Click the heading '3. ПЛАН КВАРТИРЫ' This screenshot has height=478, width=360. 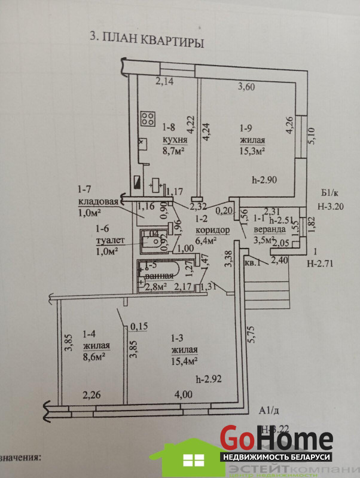click(x=147, y=40)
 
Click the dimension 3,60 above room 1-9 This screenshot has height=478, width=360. click(x=247, y=87)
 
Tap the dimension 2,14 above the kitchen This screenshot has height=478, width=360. click(x=164, y=81)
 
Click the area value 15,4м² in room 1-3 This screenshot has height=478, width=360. click(x=184, y=361)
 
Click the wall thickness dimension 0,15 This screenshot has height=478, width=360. click(x=139, y=326)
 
